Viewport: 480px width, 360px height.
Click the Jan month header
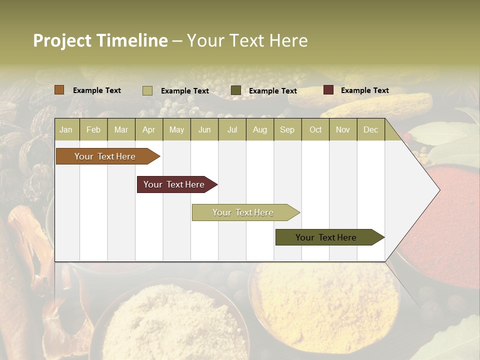66,129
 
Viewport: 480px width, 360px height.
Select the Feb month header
93,129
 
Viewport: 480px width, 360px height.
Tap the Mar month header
121,129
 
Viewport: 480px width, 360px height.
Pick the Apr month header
149,129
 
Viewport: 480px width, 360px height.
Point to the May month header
176,129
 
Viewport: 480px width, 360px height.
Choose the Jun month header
204,129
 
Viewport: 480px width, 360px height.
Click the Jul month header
232,129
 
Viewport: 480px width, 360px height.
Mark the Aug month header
260,129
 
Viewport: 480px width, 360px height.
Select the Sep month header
287,129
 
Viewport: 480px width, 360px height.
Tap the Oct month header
315,129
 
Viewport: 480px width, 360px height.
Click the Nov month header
343,129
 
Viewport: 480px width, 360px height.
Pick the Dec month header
371,129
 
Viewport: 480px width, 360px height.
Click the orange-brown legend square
59,90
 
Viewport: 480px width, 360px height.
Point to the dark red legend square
328,90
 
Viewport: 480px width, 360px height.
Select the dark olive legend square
236,90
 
